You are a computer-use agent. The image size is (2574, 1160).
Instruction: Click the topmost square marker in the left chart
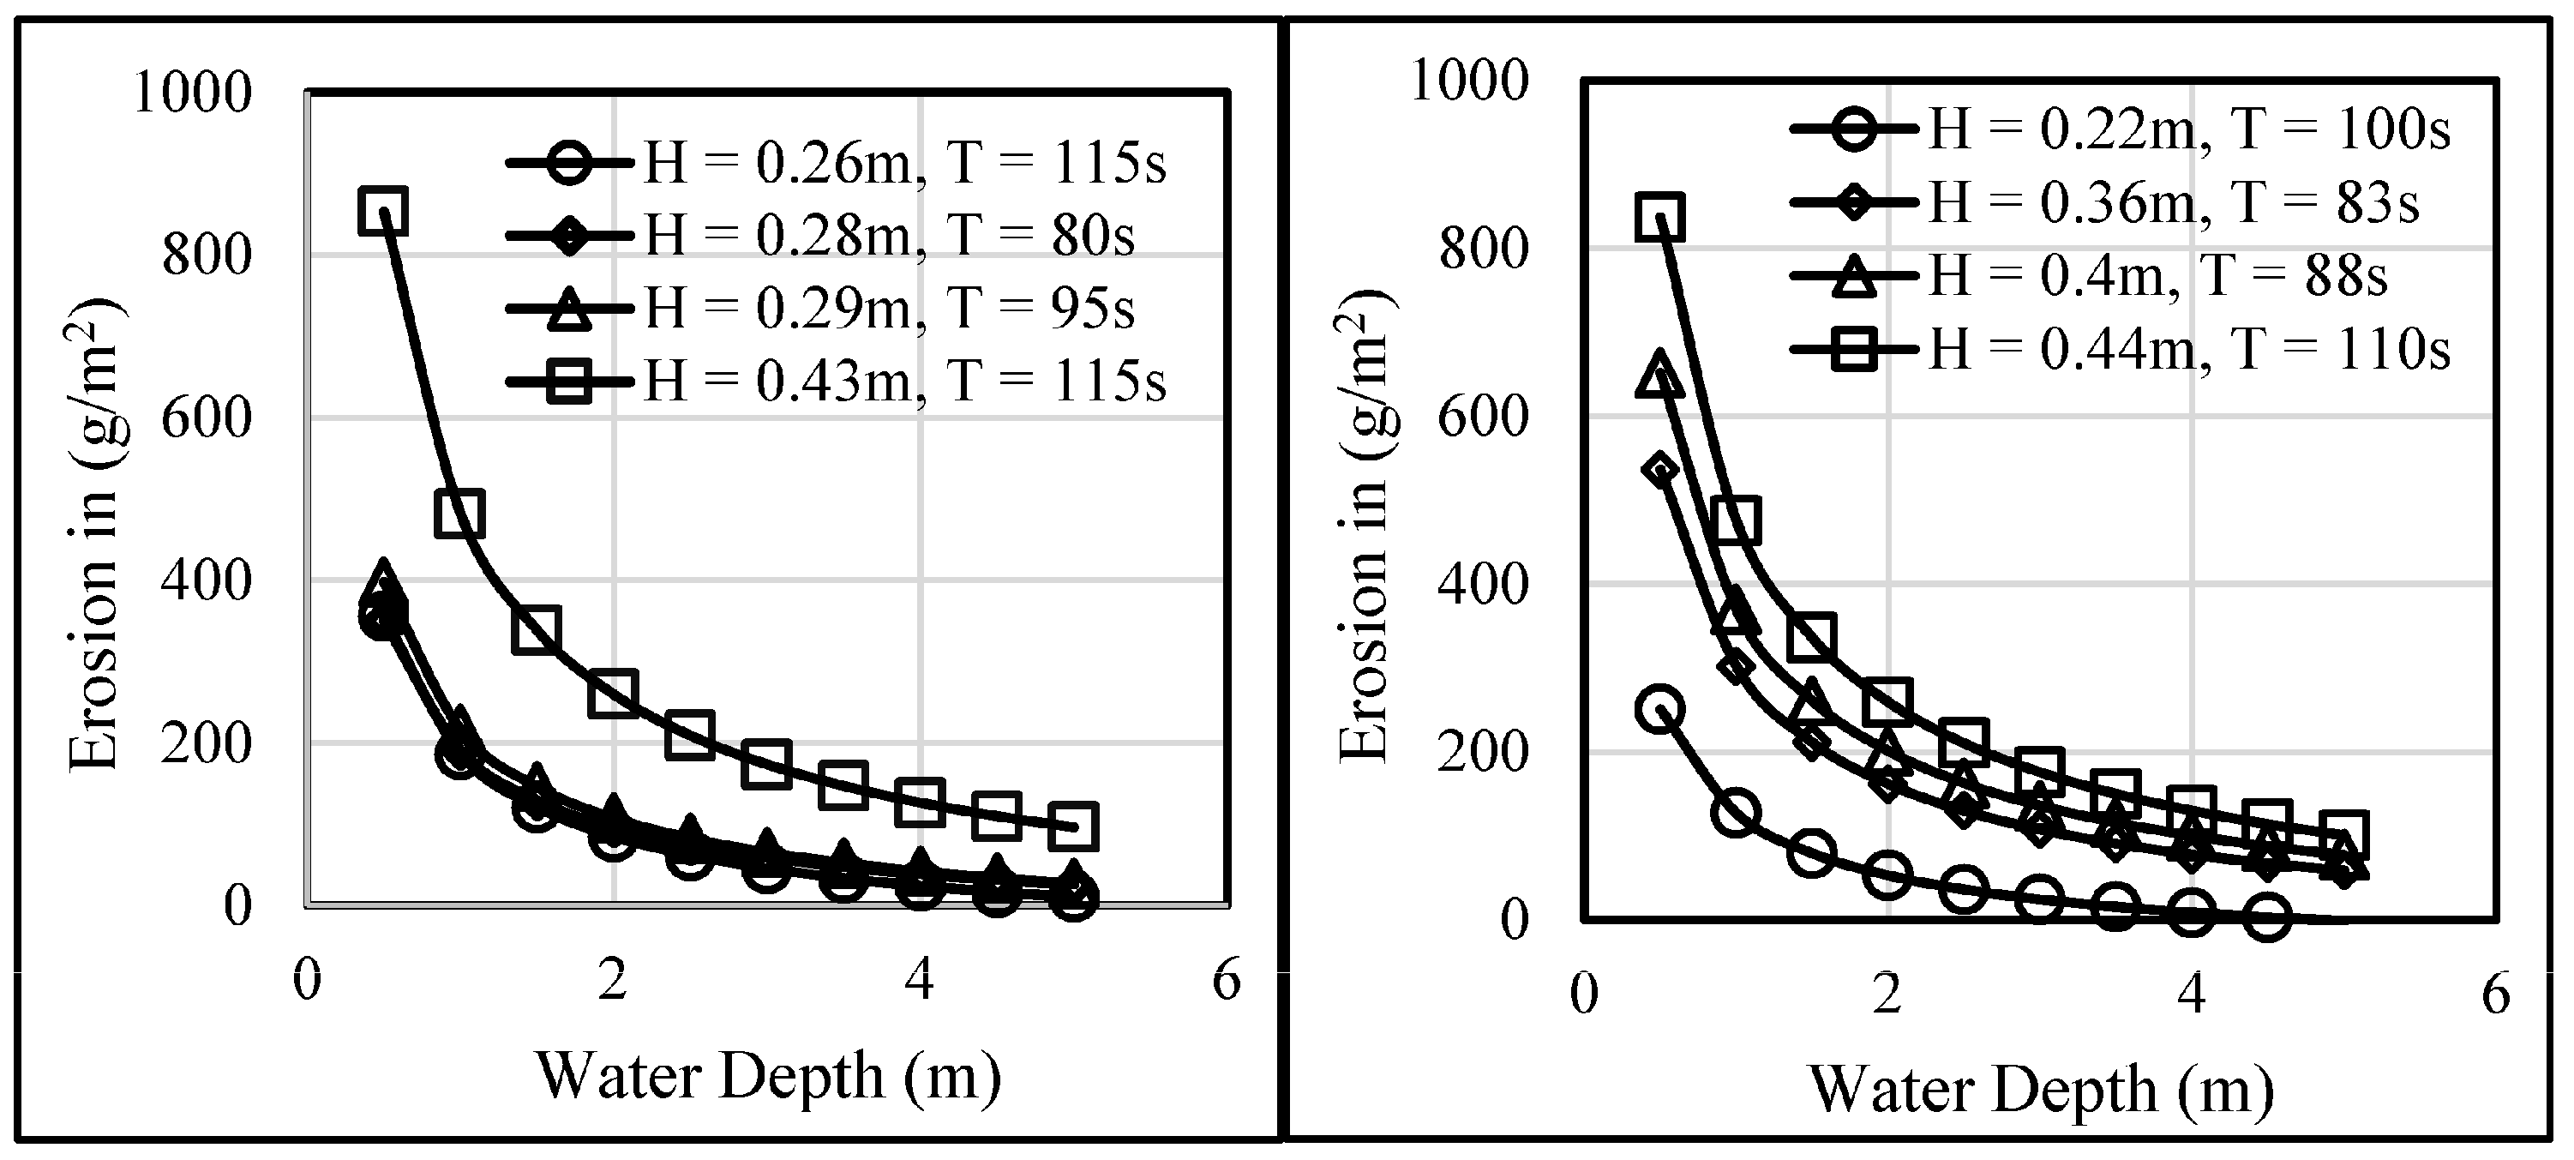[384, 211]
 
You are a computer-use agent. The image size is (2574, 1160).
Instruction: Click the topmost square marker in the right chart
[1659, 217]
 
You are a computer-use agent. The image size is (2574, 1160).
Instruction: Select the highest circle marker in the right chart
[1659, 709]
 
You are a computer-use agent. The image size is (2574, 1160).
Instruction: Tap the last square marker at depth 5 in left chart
[1074, 826]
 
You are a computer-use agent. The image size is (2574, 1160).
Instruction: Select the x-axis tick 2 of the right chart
[1887, 995]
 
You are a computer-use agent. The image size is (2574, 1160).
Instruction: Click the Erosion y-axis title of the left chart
[96, 534]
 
